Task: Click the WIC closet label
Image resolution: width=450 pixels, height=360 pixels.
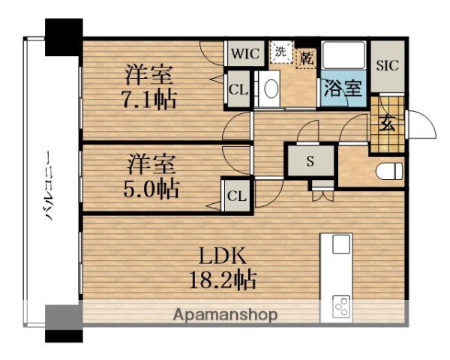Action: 244,55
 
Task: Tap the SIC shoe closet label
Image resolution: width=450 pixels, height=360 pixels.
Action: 388,64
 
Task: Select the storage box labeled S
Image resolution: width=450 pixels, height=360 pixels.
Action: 310,161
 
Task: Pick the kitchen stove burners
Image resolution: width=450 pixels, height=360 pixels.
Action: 341,307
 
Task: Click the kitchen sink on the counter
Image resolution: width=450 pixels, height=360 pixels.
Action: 341,245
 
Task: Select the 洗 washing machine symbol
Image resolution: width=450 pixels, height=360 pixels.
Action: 280,52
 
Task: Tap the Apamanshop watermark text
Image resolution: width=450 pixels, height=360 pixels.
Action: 226,315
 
